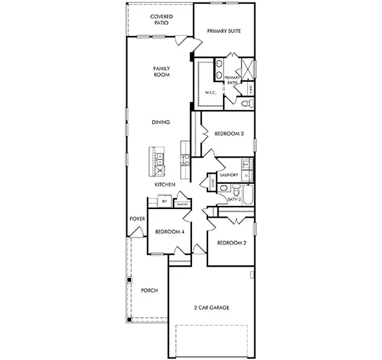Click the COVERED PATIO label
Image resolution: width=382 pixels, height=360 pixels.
coord(162,20)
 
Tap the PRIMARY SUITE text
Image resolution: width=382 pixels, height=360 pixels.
coord(224,30)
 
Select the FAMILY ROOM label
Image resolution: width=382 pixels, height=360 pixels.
coord(162,71)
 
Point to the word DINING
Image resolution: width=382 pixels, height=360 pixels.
coord(161,122)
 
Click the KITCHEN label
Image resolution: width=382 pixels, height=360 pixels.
coord(165,185)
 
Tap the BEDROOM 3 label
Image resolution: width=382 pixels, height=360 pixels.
coord(229,134)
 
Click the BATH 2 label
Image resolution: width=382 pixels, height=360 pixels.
coord(234,199)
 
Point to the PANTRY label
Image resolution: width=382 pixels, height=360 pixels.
coord(182,204)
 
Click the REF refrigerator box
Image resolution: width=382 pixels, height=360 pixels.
coord(165,202)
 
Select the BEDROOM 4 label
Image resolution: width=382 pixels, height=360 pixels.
coord(169,232)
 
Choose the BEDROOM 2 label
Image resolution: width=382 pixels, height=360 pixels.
coord(232,243)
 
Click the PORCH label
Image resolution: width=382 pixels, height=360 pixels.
coord(149,290)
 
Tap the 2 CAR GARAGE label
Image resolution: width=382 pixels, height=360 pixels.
coord(210,307)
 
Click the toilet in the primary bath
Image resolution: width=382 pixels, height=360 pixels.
coord(245,103)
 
